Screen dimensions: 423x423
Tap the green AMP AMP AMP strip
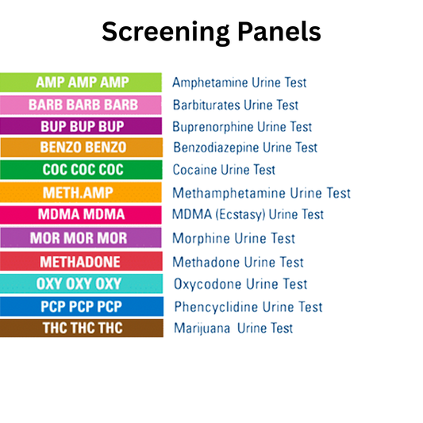tap(82, 82)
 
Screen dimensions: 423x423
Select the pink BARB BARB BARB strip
tap(82, 104)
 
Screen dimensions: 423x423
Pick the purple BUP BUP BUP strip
tap(82, 126)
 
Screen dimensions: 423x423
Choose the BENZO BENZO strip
tap(82, 148)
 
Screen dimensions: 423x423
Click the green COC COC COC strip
tap(82, 169)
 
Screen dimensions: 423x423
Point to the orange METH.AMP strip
tap(82, 192)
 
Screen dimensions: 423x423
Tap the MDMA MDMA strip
tap(82, 214)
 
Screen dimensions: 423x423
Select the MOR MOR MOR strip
tap(82, 238)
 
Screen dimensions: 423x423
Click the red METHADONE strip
tap(82, 262)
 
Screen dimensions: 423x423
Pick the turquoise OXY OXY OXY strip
tap(82, 284)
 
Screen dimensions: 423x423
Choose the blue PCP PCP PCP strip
tap(82, 306)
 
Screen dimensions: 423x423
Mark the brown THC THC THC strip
tap(82, 328)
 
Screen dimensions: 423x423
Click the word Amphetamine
tap(209, 83)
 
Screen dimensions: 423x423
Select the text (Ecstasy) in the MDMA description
tap(238, 215)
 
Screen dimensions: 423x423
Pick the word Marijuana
tap(200, 329)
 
